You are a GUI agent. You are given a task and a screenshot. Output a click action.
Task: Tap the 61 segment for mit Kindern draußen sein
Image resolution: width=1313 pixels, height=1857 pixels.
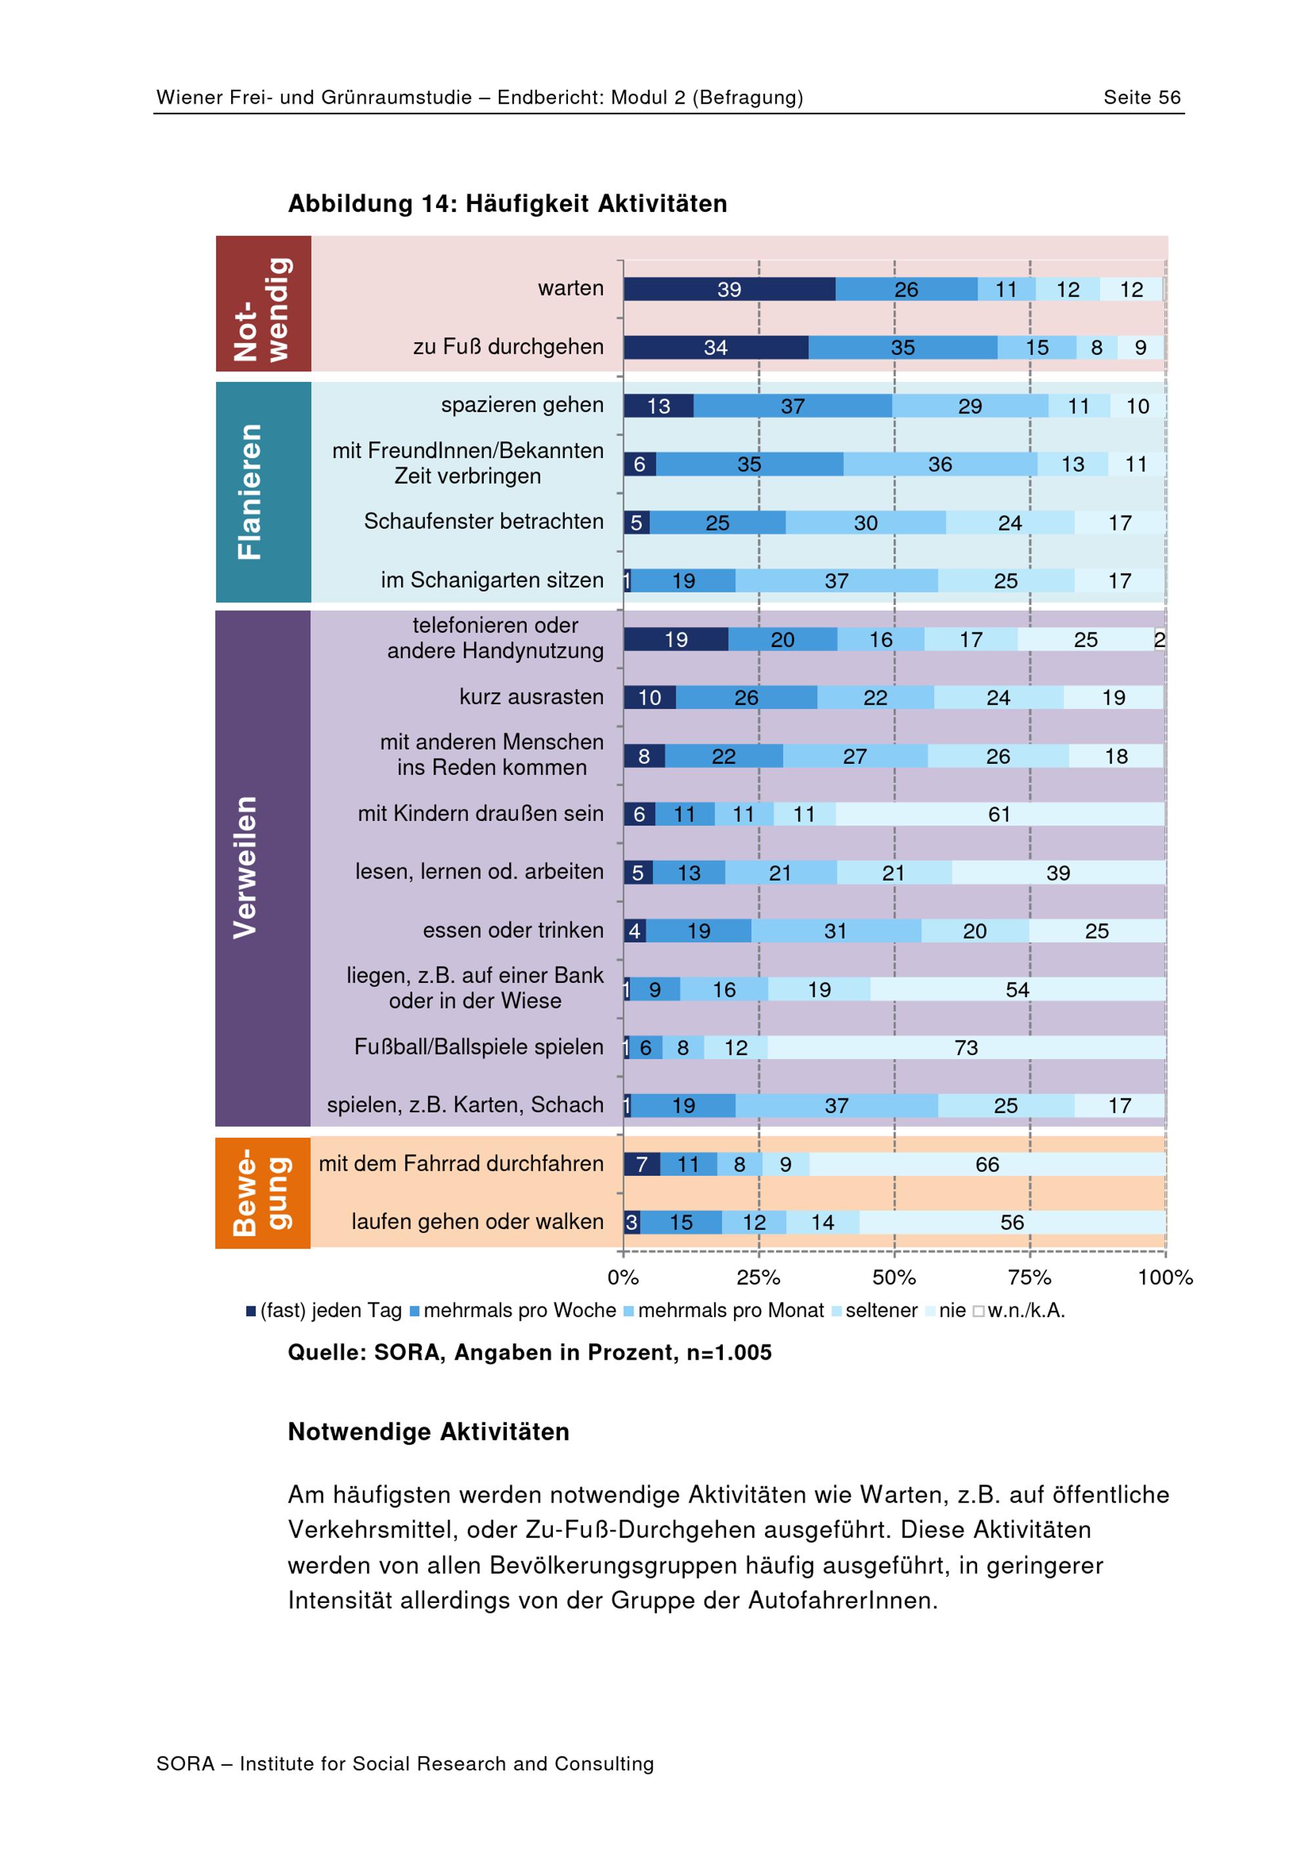1000,814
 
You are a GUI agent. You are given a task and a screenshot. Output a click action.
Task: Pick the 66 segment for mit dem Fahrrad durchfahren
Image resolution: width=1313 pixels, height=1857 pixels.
987,1164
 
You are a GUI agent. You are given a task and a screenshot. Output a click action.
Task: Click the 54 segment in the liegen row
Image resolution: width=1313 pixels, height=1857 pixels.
1018,989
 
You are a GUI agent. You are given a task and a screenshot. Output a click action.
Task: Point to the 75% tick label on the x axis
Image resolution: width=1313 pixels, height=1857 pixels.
1030,1277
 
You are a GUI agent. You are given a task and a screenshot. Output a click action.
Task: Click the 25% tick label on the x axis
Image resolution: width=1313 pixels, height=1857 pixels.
759,1277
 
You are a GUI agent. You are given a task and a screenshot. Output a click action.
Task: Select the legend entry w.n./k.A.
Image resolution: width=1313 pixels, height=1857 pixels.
1020,1310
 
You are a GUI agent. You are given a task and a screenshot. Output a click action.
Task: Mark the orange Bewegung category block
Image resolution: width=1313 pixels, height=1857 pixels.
263,1193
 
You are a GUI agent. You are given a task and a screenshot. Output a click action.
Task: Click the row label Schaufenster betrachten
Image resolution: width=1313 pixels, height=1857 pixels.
484,522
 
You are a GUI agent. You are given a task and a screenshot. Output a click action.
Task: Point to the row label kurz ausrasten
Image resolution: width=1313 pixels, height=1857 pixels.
532,696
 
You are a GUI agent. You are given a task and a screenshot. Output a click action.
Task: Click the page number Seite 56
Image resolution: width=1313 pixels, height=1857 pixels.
1142,98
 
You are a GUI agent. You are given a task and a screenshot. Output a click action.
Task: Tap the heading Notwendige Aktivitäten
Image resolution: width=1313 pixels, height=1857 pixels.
429,1432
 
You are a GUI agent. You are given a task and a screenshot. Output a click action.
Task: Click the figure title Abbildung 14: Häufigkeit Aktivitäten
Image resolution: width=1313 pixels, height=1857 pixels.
508,204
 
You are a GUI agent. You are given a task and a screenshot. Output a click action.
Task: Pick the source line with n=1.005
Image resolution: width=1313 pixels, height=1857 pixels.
530,1353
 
